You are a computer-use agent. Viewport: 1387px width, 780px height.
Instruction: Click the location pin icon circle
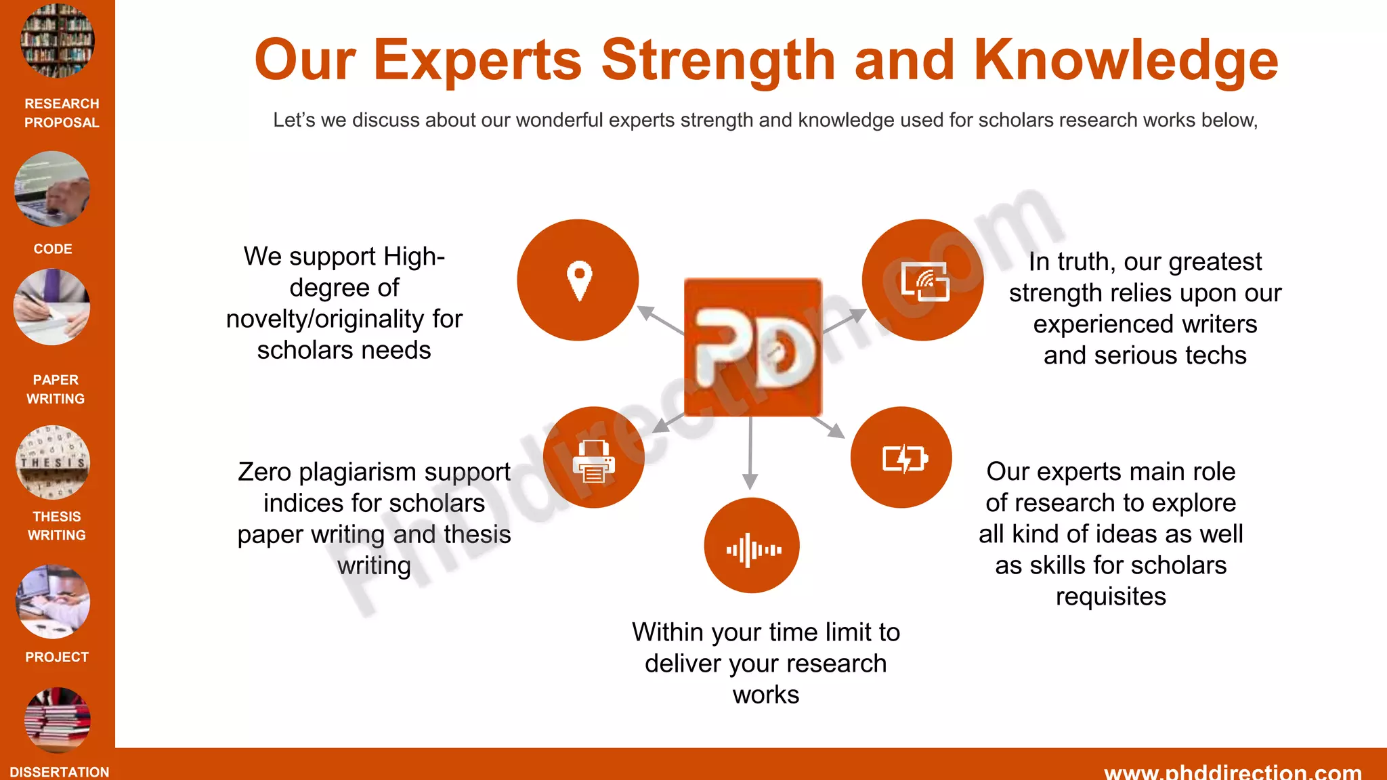(578, 280)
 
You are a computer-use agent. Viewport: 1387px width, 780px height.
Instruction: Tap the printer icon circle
(594, 458)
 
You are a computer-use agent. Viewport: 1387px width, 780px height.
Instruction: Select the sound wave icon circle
(752, 546)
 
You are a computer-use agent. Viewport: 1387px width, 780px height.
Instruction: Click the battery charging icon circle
(901, 458)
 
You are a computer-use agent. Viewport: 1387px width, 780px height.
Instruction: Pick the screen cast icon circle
(922, 280)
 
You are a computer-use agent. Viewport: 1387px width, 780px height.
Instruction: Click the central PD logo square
(752, 347)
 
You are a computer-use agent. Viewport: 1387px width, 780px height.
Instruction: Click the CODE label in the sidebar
(53, 249)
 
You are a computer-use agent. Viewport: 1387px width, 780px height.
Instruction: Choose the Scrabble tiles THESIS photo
(53, 462)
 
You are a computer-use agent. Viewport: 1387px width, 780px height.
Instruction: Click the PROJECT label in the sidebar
(57, 657)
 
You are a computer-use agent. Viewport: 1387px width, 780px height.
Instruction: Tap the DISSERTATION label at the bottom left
(60, 772)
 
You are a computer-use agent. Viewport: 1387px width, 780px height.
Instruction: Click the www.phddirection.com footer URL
(1233, 772)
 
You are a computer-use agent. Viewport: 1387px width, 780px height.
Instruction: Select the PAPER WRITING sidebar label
(56, 389)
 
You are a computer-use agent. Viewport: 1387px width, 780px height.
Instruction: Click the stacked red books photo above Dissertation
(58, 720)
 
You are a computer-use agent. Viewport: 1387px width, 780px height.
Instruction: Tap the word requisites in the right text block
(1111, 597)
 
